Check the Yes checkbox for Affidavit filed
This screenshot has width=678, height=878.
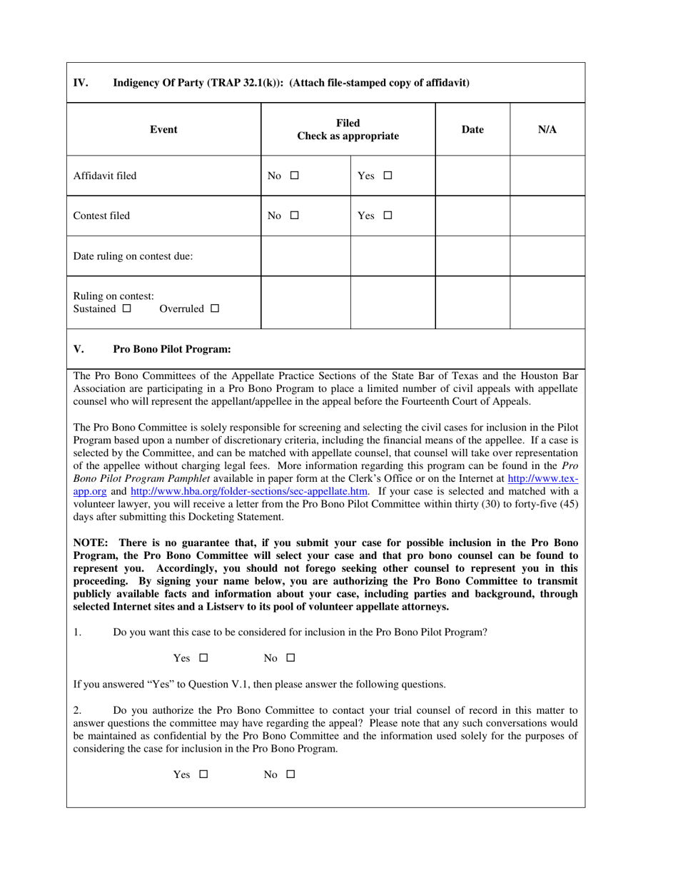[x=388, y=176]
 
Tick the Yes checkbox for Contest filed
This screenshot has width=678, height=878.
[x=388, y=216]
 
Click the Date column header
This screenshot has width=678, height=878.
[x=472, y=129]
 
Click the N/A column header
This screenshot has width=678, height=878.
[x=547, y=129]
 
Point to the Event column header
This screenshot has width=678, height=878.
[x=163, y=129]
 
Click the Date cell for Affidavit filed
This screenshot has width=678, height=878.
[x=472, y=176]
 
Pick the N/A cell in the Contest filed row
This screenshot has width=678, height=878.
[x=547, y=216]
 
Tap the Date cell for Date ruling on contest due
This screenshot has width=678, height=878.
[x=472, y=256]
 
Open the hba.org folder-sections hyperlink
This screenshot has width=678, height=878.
[x=249, y=491]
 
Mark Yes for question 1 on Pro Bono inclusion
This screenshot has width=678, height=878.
[x=203, y=658]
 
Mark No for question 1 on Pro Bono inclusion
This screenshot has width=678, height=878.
[x=290, y=658]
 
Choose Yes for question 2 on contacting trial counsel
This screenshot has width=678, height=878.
[x=203, y=774]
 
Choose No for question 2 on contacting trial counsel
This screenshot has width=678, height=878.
[x=290, y=774]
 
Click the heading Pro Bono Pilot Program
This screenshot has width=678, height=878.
[x=171, y=349]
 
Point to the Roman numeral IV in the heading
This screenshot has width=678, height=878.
[x=81, y=82]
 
